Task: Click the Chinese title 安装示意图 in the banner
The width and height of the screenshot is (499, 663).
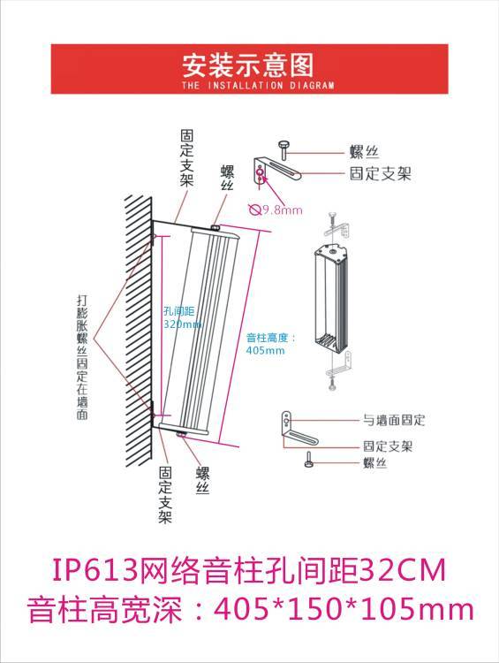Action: pyautogui.click(x=248, y=65)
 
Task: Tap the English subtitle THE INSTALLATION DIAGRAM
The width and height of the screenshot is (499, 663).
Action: pyautogui.click(x=258, y=85)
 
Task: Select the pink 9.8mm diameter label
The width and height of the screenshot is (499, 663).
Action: pyautogui.click(x=283, y=210)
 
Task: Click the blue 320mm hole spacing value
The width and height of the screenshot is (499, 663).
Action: pyautogui.click(x=183, y=324)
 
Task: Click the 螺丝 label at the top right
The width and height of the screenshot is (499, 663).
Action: pyautogui.click(x=364, y=152)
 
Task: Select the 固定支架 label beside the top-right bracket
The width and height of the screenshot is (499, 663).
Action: pyautogui.click(x=381, y=173)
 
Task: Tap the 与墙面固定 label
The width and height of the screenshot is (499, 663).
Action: pyautogui.click(x=394, y=420)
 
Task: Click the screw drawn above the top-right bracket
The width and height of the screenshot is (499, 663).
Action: pyautogui.click(x=284, y=150)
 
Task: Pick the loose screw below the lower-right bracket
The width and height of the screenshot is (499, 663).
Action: pyautogui.click(x=309, y=460)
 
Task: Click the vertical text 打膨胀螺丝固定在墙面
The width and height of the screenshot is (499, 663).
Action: pyautogui.click(x=82, y=357)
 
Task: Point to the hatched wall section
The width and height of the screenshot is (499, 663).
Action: pyautogui.click(x=139, y=331)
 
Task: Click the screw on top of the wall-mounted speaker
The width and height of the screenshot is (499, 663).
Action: pyautogui.click(x=215, y=228)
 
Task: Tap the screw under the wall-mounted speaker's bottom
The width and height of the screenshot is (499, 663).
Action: pyautogui.click(x=182, y=434)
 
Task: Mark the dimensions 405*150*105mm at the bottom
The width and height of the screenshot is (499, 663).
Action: pyautogui.click(x=344, y=609)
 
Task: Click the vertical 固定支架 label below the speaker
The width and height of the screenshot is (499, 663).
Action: pyautogui.click(x=165, y=495)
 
